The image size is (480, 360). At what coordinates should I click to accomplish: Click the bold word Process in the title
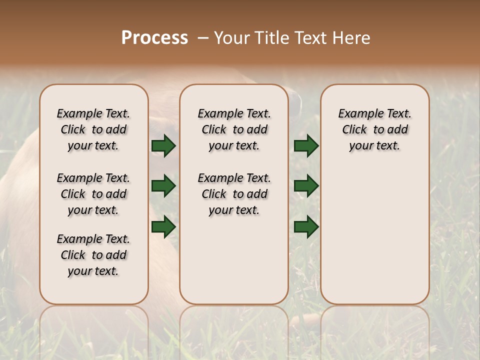[x=154, y=38]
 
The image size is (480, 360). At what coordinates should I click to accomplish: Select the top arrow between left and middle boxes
[x=163, y=146]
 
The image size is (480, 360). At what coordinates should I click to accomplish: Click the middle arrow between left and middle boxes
[x=163, y=186]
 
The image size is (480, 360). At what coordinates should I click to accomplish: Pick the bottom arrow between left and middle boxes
[x=163, y=226]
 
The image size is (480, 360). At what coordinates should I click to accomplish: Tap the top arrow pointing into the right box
[x=306, y=146]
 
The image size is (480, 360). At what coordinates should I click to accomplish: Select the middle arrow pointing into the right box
[x=306, y=186]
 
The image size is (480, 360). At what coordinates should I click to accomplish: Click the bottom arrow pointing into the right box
[x=306, y=226]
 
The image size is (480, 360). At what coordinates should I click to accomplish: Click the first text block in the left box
[x=93, y=129]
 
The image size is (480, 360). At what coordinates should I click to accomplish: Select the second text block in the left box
[x=93, y=194]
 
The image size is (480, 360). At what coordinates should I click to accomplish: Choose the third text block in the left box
[x=93, y=255]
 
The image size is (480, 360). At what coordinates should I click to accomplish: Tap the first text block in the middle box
[x=234, y=129]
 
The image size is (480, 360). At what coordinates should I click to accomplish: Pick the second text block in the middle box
[x=234, y=194]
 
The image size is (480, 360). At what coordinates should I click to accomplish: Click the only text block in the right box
[x=374, y=129]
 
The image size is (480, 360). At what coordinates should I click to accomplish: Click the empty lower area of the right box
[x=374, y=235]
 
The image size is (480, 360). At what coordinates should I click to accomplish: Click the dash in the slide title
[x=202, y=38]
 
